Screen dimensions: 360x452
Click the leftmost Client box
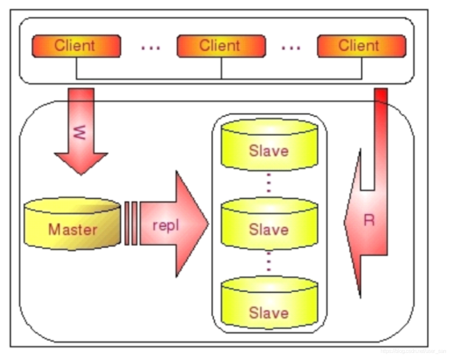pyautogui.click(x=76, y=46)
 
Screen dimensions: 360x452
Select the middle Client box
pyautogui.click(x=221, y=46)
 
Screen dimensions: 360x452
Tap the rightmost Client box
pyautogui.click(x=360, y=46)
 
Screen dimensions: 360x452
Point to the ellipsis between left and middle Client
pyautogui.click(x=150, y=47)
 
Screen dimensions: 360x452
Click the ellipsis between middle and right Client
pyautogui.click(x=290, y=47)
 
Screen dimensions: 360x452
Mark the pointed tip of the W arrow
pyautogui.click(x=81, y=173)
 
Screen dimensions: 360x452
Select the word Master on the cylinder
pyautogui.click(x=72, y=230)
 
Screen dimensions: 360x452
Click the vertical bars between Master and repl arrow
pyautogui.click(x=131, y=223)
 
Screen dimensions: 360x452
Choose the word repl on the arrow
pyautogui.click(x=165, y=224)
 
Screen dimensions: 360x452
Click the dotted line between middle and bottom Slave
pyautogui.click(x=269, y=262)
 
